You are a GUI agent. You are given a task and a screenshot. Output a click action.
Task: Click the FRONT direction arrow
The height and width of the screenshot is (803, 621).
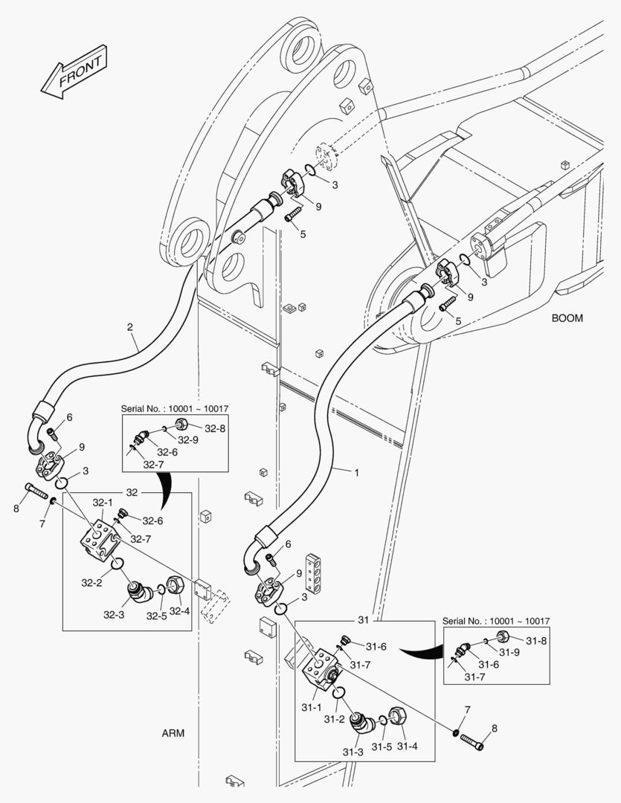[75, 73]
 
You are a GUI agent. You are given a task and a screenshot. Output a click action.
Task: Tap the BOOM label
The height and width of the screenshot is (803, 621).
[567, 318]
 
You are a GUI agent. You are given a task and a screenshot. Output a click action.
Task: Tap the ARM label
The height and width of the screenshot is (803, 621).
[173, 733]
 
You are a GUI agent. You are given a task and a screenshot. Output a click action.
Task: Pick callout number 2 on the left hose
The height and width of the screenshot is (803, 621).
[130, 327]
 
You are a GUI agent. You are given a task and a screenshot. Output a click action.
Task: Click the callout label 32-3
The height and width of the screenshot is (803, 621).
[113, 615]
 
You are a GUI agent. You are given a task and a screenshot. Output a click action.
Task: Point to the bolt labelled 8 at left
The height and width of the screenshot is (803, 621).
[36, 491]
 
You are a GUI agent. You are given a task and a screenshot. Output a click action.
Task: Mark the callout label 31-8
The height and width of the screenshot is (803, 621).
[537, 639]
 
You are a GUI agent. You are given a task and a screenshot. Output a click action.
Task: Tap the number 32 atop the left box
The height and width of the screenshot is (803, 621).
[132, 492]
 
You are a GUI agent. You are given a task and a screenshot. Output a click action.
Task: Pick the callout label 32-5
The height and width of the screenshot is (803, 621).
[155, 616]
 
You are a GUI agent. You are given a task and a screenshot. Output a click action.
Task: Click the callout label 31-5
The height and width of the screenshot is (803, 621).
[382, 746]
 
